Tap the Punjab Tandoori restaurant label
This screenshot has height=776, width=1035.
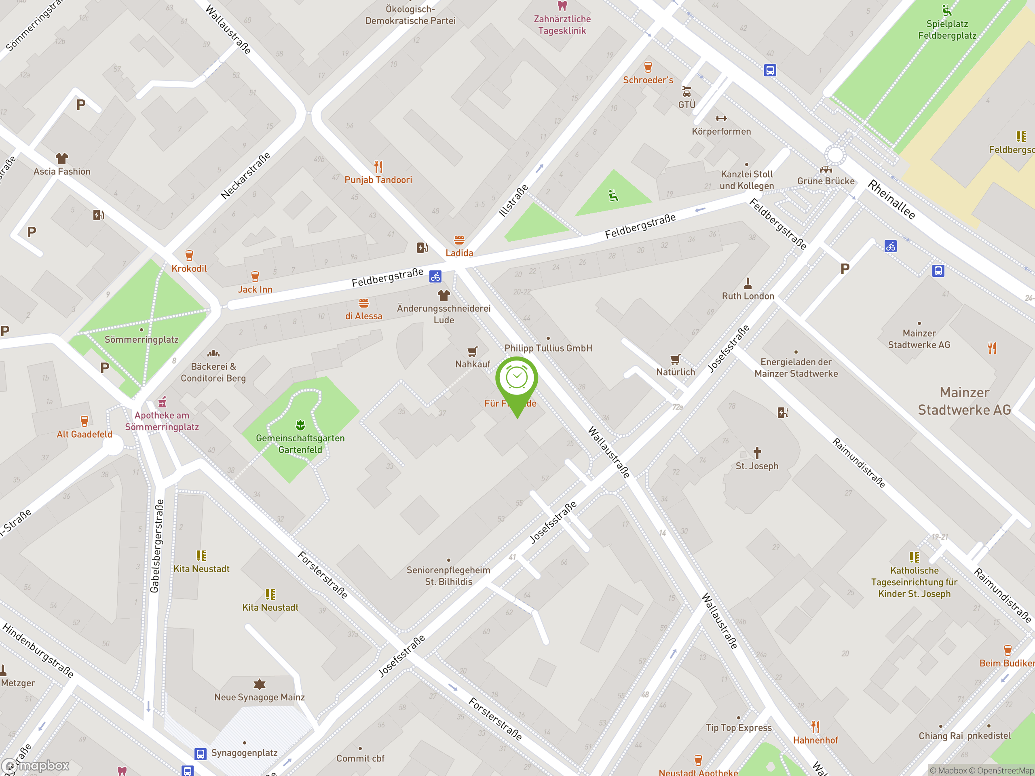coord(378,179)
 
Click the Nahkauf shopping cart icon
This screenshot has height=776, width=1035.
coord(473,351)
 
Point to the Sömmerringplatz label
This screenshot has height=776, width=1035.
coord(142,339)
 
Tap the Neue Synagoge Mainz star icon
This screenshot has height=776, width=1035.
coord(259,684)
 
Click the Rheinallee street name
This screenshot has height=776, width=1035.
coord(891,200)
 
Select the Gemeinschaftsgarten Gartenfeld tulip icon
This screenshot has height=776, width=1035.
coord(300,425)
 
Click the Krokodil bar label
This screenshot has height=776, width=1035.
coord(189,268)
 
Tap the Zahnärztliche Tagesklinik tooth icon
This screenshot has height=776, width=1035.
coord(562,6)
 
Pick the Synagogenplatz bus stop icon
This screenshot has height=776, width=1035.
coord(200,753)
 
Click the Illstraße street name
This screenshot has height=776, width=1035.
coord(513,200)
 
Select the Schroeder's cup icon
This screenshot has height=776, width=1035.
coord(648,67)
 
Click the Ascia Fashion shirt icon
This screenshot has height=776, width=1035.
coord(62,158)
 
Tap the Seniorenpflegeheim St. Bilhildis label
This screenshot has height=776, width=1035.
coord(448,576)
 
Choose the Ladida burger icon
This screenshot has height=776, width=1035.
coord(459,240)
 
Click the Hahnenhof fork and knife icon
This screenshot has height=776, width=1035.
coord(815,727)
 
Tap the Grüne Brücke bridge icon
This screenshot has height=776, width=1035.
coord(826,169)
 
